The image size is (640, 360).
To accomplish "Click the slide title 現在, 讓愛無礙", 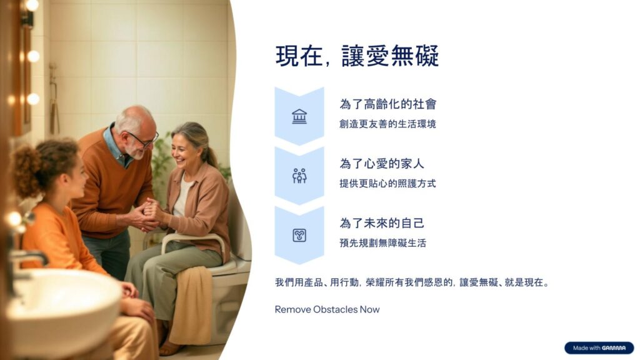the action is [x=357, y=56].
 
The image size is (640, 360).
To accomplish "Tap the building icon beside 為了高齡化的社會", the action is [x=299, y=116].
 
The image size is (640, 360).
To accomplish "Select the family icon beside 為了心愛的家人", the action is [x=299, y=176].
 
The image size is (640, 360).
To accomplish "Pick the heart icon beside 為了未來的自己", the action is [x=299, y=235].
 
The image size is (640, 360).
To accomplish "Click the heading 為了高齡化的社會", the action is [x=388, y=104].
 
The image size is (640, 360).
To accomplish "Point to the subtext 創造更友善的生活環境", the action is [x=387, y=124].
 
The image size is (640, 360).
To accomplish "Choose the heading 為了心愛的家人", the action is [x=382, y=164].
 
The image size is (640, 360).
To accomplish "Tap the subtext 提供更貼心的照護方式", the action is [x=387, y=183].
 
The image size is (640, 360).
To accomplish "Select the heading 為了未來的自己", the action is [x=382, y=223].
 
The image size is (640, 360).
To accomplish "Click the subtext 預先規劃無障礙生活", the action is [x=383, y=243].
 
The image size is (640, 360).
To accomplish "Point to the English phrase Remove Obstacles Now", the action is [x=327, y=309].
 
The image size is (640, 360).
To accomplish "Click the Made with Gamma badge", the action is [x=599, y=347].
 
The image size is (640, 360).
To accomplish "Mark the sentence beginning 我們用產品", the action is [x=412, y=282].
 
